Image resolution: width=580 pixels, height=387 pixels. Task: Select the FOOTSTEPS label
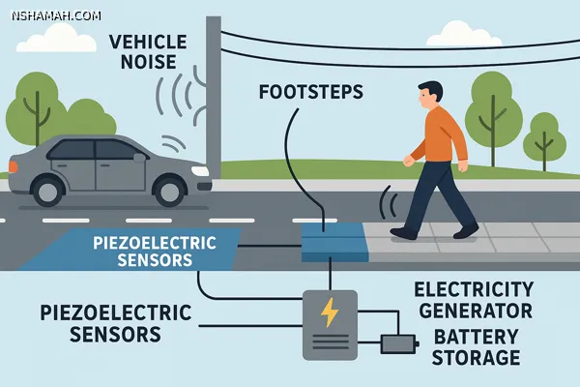pos(310,93)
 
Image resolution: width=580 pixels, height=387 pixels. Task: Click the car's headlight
pos(200,170)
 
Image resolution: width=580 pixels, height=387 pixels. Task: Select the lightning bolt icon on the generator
pos(330,312)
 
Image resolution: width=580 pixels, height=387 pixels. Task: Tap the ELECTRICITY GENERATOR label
pos(472,300)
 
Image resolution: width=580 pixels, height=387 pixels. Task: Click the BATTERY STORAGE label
pos(477,346)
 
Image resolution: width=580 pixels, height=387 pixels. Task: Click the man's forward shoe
pos(404,232)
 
